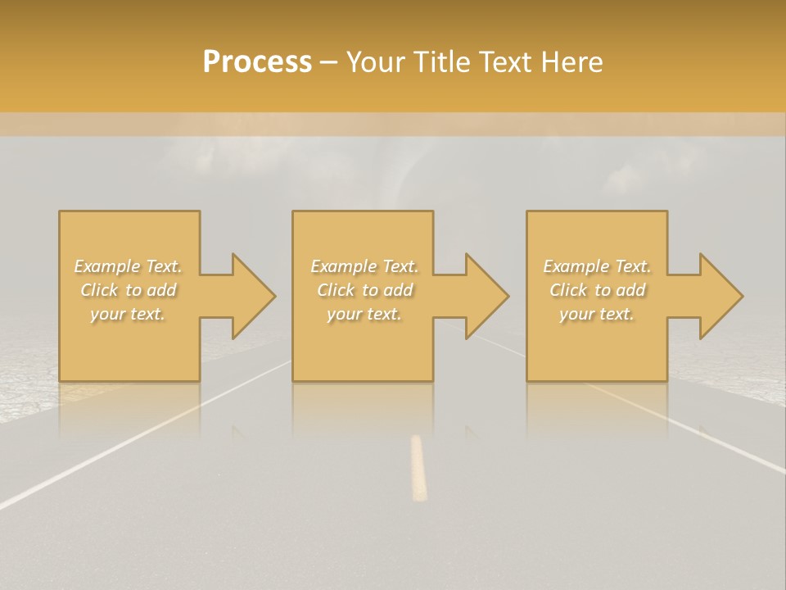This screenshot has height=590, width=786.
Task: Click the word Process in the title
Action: [257, 62]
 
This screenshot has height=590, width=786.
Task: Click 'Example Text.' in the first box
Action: [129, 266]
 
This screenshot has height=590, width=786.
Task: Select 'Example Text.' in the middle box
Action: [364, 266]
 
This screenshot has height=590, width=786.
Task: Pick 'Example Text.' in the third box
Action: [597, 266]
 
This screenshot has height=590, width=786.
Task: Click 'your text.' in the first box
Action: [128, 314]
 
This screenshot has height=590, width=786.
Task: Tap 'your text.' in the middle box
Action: [364, 314]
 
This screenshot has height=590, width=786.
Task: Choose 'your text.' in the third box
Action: [597, 314]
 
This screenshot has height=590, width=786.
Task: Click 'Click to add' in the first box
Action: [129, 290]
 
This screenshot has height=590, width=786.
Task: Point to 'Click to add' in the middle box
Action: [364, 290]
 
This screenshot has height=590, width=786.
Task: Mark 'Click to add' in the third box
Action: [597, 290]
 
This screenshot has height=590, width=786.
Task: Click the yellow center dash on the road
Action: [418, 467]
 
